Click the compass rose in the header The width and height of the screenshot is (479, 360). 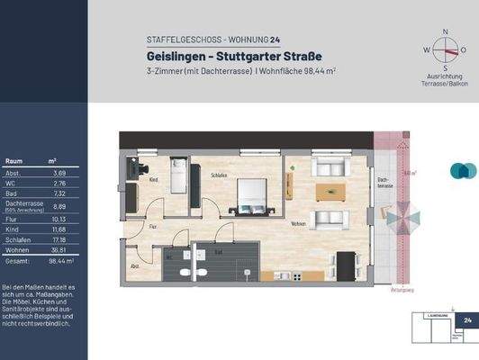(443, 50)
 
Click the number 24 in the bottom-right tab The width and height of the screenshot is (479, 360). (467, 319)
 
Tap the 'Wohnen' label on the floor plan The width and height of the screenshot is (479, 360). (298, 223)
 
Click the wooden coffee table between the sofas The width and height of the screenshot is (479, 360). (330, 192)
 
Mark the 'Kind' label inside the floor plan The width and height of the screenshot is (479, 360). (154, 181)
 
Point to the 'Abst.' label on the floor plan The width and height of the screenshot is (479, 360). (135, 266)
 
